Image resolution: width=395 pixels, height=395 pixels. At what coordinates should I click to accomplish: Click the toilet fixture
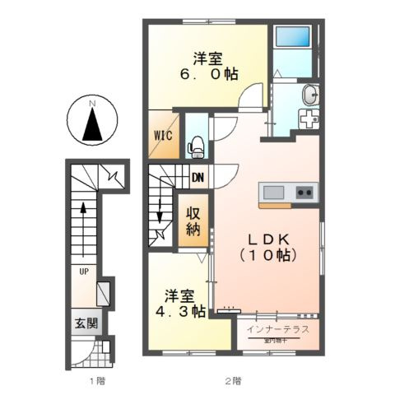(x=196, y=147)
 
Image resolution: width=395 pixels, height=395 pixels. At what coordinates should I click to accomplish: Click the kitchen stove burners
(x=304, y=193)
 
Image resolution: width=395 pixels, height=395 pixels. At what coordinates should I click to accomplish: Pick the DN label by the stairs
(x=197, y=176)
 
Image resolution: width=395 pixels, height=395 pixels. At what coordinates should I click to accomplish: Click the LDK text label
(x=266, y=239)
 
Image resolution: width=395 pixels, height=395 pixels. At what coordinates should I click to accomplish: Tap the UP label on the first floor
(x=84, y=270)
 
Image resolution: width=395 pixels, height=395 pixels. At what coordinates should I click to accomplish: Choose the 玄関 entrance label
(x=83, y=322)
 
